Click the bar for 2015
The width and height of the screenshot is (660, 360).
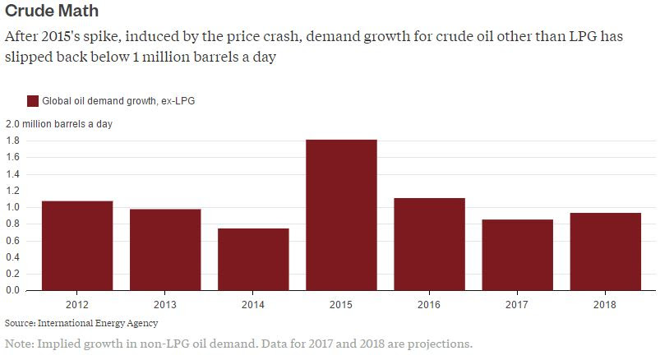click(x=341, y=215)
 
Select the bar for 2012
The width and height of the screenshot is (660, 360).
click(x=77, y=246)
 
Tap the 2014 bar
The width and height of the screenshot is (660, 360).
click(x=253, y=260)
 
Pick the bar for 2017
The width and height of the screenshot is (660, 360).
click(x=517, y=255)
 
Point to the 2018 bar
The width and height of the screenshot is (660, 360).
click(x=605, y=252)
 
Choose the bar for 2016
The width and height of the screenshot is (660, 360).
click(x=429, y=244)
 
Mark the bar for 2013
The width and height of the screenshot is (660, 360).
click(x=165, y=250)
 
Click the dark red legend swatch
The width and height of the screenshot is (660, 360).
click(x=33, y=101)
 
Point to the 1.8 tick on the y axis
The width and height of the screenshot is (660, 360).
click(x=13, y=141)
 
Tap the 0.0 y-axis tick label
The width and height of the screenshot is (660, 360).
click(x=13, y=290)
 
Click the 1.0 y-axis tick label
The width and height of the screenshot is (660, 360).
click(x=13, y=207)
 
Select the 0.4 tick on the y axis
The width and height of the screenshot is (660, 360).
click(x=13, y=257)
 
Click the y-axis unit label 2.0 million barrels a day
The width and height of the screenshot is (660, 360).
click(x=59, y=124)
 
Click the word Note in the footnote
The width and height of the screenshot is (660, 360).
click(x=19, y=343)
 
